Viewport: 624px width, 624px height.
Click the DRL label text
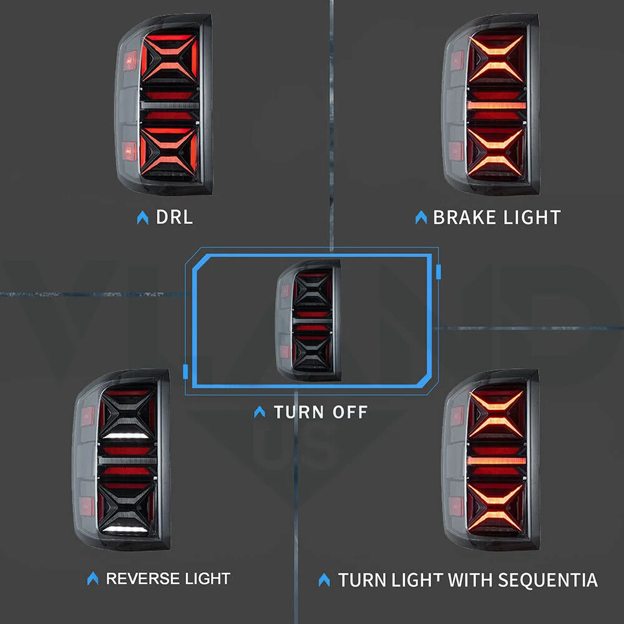[174, 217]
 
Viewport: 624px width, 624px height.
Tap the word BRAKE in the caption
[462, 217]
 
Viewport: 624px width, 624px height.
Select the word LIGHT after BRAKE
[530, 217]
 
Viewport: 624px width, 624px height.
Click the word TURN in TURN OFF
[298, 412]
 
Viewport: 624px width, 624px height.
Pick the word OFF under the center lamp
[349, 412]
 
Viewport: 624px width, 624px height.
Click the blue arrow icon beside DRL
[143, 217]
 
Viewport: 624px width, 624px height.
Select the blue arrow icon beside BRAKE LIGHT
[421, 217]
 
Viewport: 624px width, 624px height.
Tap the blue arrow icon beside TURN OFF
[260, 412]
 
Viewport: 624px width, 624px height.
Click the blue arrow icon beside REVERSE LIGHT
[93, 578]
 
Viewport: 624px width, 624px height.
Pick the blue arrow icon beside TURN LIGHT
[324, 580]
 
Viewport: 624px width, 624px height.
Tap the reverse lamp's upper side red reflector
[87, 415]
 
